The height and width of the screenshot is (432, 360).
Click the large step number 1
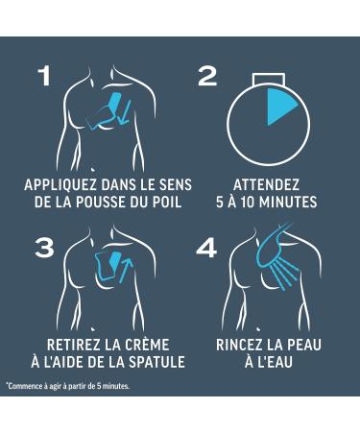pyautogui.click(x=44, y=76)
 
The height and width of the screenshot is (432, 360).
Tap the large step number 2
pyautogui.click(x=207, y=76)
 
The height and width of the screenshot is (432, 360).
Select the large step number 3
pyautogui.click(x=44, y=248)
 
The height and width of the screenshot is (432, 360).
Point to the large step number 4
pyautogui.click(x=206, y=248)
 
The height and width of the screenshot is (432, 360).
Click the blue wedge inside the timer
pyautogui.click(x=279, y=106)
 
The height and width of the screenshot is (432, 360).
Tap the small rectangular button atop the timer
pyautogui.click(x=268, y=80)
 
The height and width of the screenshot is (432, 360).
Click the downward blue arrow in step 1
pyautogui.click(x=124, y=112)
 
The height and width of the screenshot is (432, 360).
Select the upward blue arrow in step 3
pyautogui.click(x=126, y=271)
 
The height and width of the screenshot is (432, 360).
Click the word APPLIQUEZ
pyautogui.click(x=60, y=185)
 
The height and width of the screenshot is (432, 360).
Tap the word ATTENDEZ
pyautogui.click(x=266, y=185)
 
